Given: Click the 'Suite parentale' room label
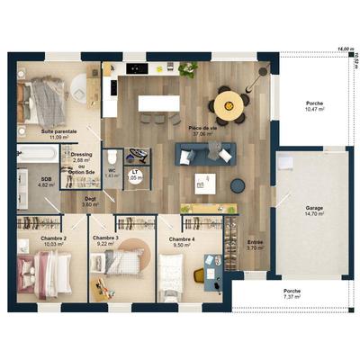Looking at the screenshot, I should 58,131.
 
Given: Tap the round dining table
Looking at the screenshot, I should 230,103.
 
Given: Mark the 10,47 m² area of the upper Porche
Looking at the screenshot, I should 311,108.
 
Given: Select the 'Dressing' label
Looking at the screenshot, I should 82,154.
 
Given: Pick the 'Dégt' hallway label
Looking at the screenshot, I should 90,200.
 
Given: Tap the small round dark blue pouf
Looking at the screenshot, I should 238,185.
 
